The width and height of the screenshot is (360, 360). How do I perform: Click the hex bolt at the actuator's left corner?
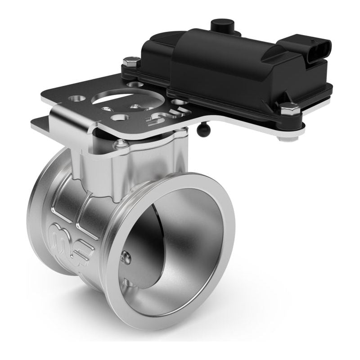coord(131,61)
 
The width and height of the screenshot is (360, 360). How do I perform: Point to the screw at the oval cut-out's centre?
coord(135,107)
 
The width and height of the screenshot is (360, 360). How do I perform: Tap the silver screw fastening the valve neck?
coord(120,144)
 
